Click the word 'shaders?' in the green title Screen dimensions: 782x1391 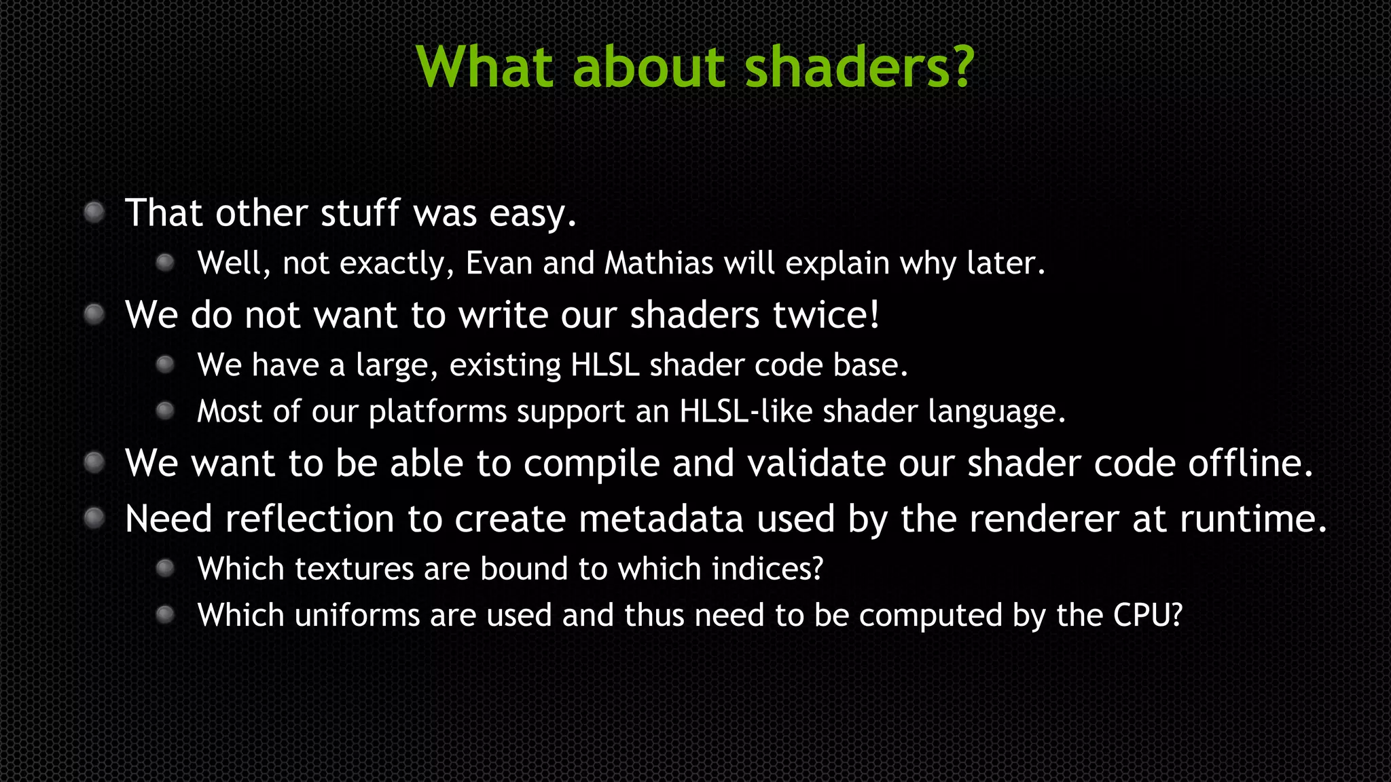860,68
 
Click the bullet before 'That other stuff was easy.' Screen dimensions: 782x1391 94,212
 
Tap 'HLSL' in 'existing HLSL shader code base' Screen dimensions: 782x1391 605,365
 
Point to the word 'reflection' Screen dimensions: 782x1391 310,519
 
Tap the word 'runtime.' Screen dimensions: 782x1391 1253,519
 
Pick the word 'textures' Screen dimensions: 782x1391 354,569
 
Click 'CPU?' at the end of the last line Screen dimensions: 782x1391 1148,616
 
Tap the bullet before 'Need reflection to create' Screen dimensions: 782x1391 94,519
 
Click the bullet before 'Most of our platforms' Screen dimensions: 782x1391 165,411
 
